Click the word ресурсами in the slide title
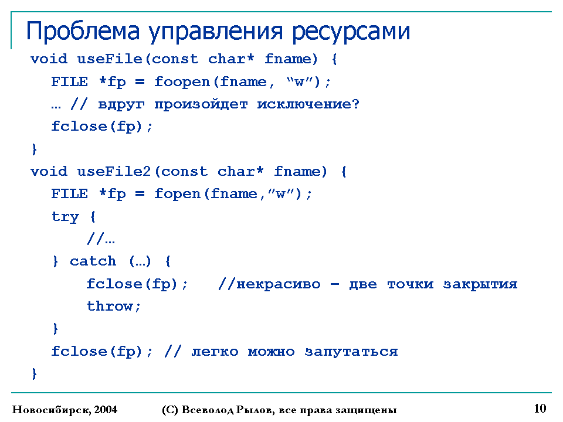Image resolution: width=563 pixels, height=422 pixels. point(351,32)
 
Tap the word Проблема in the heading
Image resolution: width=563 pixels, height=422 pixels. point(83,31)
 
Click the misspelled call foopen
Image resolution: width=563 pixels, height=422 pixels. point(182,83)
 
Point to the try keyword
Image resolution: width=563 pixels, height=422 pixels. point(65,217)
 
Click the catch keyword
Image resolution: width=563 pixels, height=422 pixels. point(93,261)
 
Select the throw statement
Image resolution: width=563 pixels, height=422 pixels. point(113,306)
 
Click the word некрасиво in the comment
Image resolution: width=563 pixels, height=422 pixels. point(278,285)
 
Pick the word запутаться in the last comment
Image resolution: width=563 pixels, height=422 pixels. point(351,352)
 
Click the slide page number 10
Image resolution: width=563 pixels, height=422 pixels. point(540,409)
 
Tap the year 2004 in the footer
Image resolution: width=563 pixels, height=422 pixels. point(106,410)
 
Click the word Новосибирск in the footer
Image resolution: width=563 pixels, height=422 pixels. point(52,410)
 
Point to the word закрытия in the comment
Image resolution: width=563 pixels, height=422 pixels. point(480,285)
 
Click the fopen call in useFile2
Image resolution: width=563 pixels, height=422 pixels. point(177,194)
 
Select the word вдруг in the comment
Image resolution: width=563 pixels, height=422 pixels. point(121,105)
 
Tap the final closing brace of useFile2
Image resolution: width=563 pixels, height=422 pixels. point(34,373)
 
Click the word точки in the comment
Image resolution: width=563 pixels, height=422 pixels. point(410,285)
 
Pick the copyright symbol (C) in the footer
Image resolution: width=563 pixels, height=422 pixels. point(170,410)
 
